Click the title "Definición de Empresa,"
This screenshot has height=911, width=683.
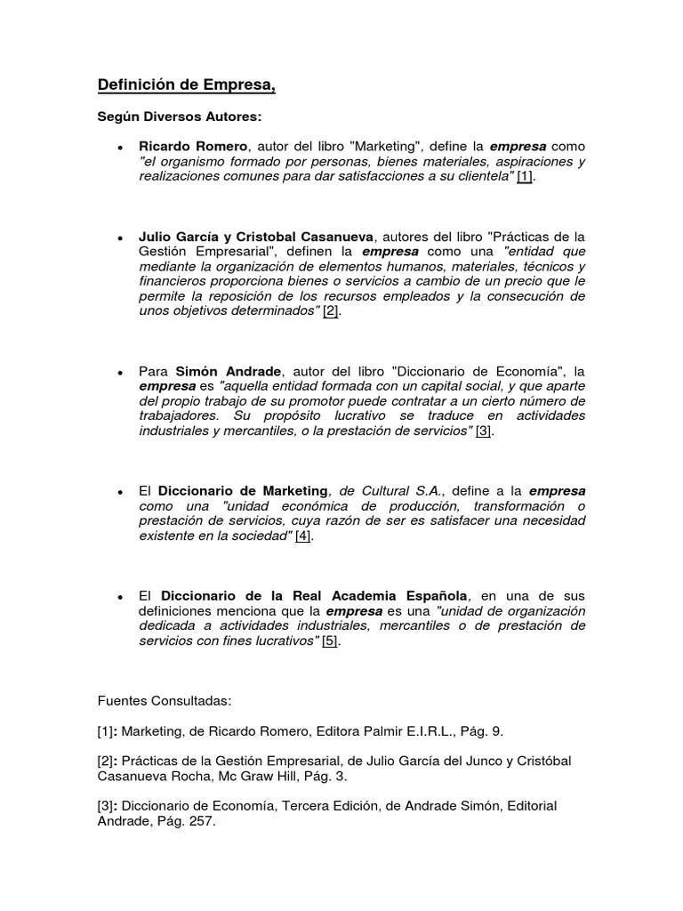tap(186, 85)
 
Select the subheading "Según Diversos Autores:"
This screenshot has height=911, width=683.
tap(180, 117)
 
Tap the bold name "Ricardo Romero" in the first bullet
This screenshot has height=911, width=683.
tap(193, 146)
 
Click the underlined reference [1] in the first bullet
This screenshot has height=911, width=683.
tap(525, 176)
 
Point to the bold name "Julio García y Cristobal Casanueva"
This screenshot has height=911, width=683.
tap(257, 237)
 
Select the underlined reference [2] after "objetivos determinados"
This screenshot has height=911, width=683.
tap(330, 311)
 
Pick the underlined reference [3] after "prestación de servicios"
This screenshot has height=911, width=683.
tap(483, 431)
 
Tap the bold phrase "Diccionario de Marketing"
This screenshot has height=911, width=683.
tap(243, 491)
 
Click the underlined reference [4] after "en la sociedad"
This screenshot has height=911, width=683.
tap(302, 536)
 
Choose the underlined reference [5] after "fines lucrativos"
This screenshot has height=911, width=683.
tap(330, 641)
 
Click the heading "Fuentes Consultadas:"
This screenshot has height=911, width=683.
tap(164, 701)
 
